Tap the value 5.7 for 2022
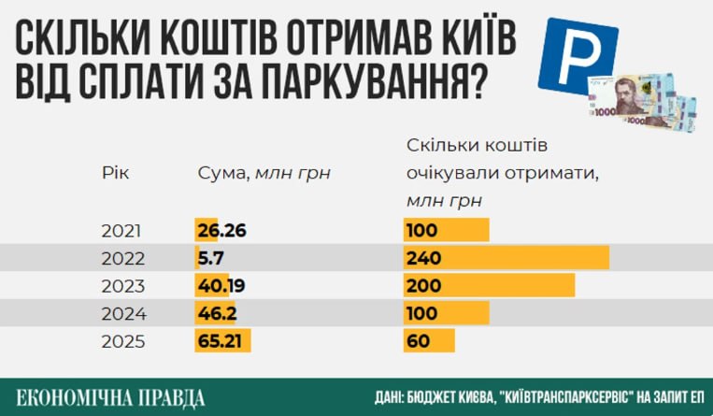(210, 257)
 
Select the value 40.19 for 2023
(221, 285)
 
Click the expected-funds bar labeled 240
(506, 257)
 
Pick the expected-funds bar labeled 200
(489, 285)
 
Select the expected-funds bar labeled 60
(429, 341)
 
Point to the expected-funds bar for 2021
(447, 230)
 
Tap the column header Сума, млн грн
(264, 173)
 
